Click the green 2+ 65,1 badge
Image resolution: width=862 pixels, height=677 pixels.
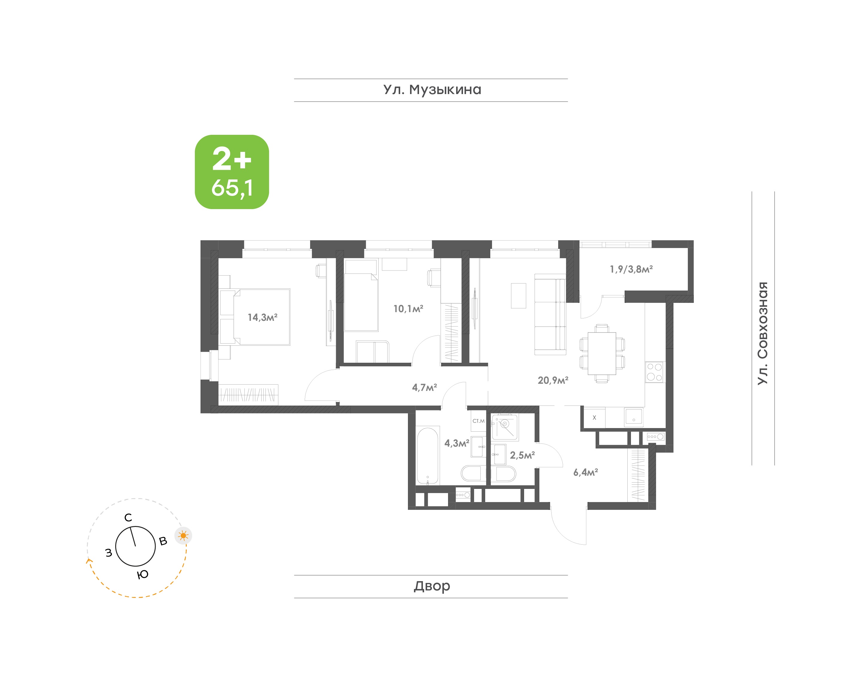pos(232,172)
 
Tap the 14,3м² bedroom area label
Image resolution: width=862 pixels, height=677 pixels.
pos(262,317)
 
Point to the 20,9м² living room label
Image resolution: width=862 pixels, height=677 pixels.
pos(553,380)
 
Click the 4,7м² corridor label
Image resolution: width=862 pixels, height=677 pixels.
pos(424,387)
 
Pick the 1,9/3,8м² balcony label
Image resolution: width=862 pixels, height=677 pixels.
pos(631,269)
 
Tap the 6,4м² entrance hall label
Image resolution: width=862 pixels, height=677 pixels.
pos(586,472)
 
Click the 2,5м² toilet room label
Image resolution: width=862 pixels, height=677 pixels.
pos(522,455)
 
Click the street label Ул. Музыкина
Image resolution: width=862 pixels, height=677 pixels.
pos(432,90)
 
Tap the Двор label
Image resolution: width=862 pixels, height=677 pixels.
pos(432,586)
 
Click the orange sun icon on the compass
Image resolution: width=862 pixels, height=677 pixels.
pos(183,536)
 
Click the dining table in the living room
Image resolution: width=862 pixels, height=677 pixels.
pos(602,353)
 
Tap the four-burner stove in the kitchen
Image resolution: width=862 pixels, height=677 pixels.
pos(655,372)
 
